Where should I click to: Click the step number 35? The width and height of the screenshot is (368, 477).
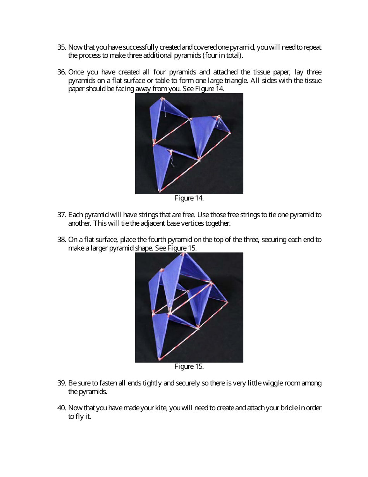62,47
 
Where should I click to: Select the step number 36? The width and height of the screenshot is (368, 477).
62,72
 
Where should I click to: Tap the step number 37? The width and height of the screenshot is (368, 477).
62,215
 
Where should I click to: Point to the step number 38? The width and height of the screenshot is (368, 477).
62,240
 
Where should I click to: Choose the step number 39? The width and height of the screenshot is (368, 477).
62,383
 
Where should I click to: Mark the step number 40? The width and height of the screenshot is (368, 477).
62,408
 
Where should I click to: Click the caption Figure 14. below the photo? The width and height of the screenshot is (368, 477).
189,198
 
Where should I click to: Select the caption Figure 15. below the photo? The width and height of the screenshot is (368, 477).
189,366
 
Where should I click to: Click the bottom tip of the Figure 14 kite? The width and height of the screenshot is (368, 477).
159,191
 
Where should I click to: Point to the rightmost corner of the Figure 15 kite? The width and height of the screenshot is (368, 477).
227,302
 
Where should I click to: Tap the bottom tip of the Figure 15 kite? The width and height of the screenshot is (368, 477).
159,359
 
